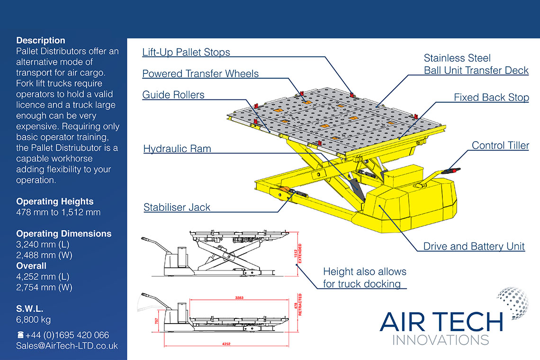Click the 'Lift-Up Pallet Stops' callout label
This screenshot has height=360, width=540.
[186, 52]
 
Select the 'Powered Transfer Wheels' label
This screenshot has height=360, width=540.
[200, 73]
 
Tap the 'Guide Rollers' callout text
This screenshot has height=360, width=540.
[173, 95]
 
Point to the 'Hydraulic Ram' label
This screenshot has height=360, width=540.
[177, 149]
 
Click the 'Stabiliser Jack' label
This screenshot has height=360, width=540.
[177, 207]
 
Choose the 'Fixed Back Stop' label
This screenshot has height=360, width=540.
[491, 98]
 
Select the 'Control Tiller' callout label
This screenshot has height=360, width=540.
[500, 145]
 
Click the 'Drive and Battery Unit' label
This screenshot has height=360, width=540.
[474, 246]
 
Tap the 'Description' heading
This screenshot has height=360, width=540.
[41, 40]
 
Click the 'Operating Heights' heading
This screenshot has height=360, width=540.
[55, 201]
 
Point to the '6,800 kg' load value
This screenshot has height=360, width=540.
[34, 319]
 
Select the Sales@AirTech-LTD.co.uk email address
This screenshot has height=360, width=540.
[67, 346]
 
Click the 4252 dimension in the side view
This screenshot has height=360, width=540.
[226, 344]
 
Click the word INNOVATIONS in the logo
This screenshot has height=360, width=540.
[441, 340]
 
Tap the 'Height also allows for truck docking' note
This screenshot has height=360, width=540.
[364, 278]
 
